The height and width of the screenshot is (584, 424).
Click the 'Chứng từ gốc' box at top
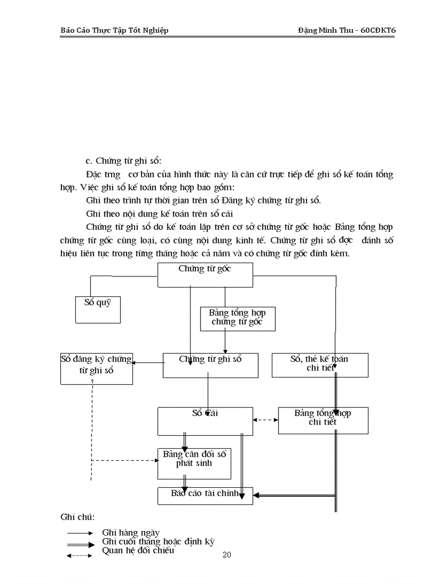(205, 275)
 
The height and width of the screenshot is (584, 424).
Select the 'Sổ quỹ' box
(98, 309)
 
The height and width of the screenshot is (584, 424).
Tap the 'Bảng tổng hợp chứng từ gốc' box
(237, 318)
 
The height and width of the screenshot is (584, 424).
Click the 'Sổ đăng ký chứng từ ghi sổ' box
(97, 369)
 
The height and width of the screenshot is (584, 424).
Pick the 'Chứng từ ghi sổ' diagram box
(210, 365)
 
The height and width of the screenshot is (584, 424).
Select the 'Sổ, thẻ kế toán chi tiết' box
(320, 365)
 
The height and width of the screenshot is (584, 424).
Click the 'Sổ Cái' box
(205, 421)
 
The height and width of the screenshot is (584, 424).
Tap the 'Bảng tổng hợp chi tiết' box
(323, 420)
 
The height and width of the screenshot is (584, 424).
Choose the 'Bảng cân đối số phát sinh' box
(194, 463)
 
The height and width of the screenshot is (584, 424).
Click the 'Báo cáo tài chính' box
(205, 496)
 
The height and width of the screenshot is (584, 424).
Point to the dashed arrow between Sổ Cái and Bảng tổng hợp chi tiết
(266, 420)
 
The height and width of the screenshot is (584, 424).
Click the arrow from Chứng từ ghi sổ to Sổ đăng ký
(148, 363)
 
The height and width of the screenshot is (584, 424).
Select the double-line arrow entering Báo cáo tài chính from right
(293, 496)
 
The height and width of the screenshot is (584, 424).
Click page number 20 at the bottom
(227, 555)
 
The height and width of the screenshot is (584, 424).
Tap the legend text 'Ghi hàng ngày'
(130, 533)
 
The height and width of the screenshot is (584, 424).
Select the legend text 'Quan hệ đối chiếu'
(138, 551)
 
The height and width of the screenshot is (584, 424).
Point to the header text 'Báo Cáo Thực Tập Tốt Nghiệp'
(114, 30)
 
